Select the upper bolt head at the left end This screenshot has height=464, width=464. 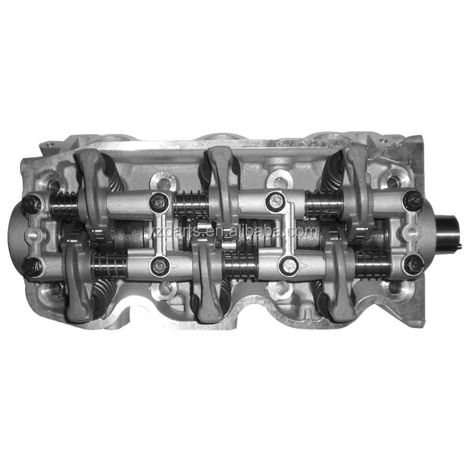[30, 204]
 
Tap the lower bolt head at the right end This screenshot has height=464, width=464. [414, 264]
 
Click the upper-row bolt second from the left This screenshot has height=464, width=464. [159, 202]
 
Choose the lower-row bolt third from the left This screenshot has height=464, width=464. [288, 266]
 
